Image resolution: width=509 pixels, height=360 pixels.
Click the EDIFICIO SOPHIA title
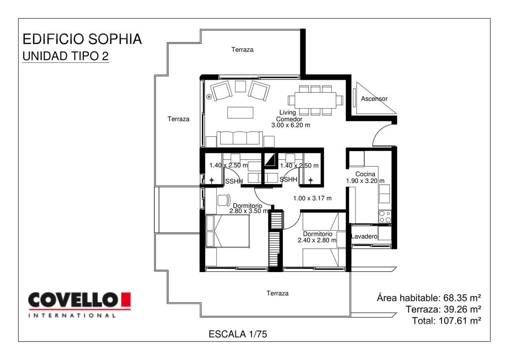[x=82, y=39]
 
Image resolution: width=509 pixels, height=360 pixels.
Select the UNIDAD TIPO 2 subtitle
[x=66, y=56]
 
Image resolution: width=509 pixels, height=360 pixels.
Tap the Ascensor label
[x=374, y=98]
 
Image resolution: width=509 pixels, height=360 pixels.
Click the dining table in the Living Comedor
[x=316, y=100]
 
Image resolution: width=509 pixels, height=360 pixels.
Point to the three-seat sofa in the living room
[x=240, y=139]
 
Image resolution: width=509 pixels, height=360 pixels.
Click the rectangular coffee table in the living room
[x=240, y=112]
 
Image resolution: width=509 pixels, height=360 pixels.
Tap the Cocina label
[x=365, y=174]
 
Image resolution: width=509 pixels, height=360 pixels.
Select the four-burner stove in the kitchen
[x=384, y=217]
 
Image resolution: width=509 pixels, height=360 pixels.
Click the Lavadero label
[x=364, y=236]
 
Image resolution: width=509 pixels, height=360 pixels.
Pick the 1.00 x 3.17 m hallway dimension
[x=312, y=198]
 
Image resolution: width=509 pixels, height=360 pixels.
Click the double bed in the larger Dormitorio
[x=227, y=231]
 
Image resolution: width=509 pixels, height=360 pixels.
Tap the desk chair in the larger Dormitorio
[x=224, y=200]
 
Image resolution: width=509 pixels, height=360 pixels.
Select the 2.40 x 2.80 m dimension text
[x=317, y=240]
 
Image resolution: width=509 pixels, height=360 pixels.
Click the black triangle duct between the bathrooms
[x=271, y=160]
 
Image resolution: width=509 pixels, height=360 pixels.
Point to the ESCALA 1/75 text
[x=238, y=334]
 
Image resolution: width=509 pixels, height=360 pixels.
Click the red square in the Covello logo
[x=126, y=300]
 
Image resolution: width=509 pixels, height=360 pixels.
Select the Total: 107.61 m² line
[x=447, y=321]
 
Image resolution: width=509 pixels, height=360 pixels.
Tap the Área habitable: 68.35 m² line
[x=429, y=298]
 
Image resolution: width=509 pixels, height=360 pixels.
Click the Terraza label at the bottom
[x=277, y=293]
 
